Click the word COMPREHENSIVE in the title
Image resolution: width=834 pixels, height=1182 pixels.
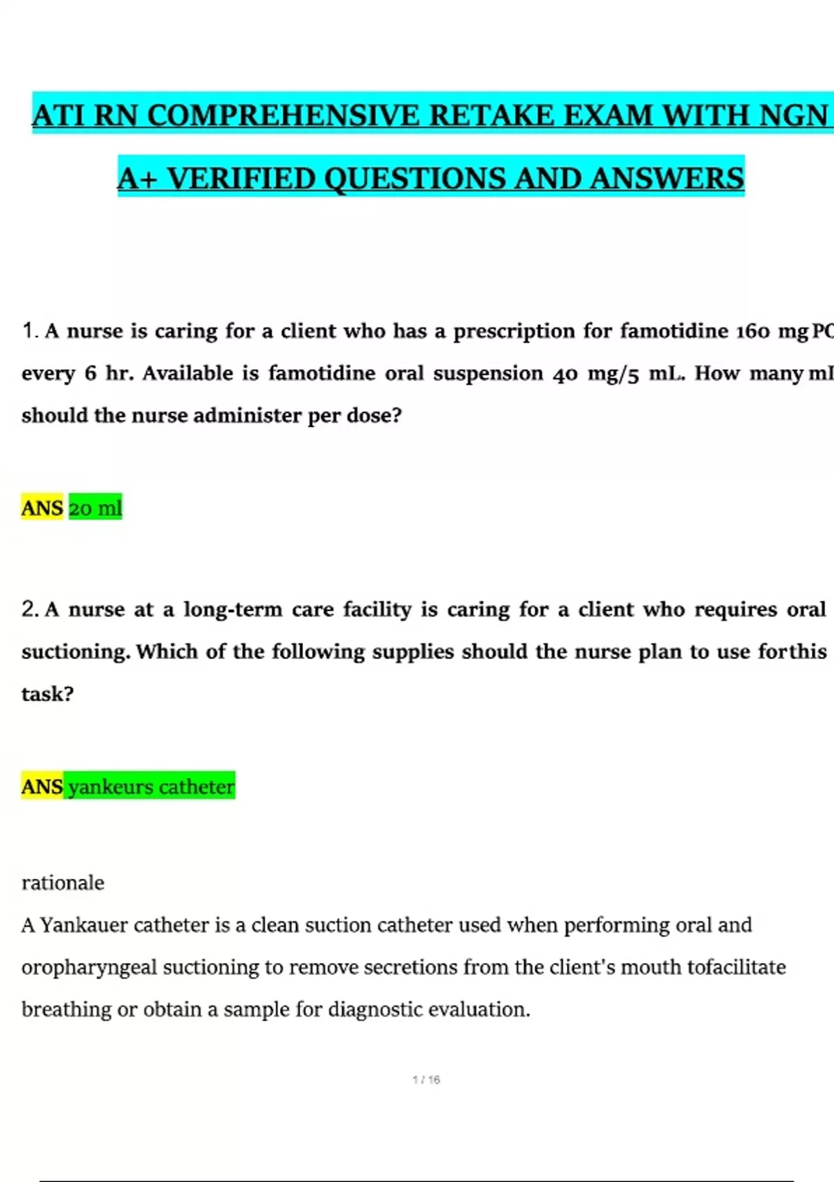point(284,115)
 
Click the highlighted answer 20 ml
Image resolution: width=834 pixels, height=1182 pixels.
point(95,508)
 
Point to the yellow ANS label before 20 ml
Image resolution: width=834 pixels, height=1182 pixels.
point(42,508)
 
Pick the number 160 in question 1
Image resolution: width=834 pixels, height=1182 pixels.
point(753,332)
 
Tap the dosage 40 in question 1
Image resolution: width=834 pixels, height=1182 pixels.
point(566,374)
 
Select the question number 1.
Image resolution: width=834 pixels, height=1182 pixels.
point(29,331)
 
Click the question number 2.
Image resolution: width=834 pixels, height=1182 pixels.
point(29,610)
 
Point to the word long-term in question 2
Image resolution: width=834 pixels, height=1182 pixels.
point(233,610)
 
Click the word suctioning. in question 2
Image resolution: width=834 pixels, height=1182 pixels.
point(76,652)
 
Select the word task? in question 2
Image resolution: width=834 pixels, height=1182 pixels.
point(47,694)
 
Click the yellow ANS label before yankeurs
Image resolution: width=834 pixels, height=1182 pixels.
point(42,787)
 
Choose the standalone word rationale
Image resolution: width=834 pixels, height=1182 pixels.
point(63,883)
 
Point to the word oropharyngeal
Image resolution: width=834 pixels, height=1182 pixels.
point(89,968)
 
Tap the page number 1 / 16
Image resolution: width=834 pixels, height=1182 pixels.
point(426,1080)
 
